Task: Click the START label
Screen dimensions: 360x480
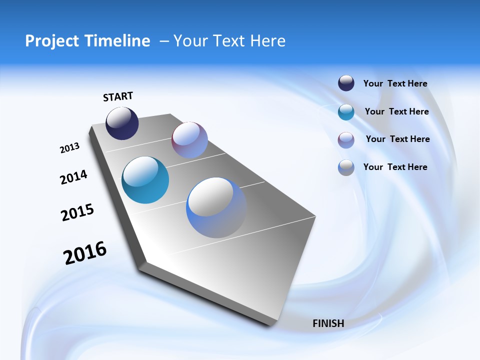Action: pyautogui.click(x=118, y=96)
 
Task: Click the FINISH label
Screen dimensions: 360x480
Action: pyautogui.click(x=328, y=323)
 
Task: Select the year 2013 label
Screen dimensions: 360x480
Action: pyautogui.click(x=69, y=148)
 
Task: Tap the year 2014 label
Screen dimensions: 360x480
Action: pyautogui.click(x=73, y=177)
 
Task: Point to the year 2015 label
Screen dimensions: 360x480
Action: pyautogui.click(x=77, y=212)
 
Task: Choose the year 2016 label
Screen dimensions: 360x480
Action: pyautogui.click(x=85, y=253)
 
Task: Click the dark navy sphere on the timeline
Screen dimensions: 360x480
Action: pyautogui.click(x=122, y=123)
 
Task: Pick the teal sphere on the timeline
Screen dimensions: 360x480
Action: pyautogui.click(x=145, y=180)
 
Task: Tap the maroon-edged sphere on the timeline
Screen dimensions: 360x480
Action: pyautogui.click(x=189, y=140)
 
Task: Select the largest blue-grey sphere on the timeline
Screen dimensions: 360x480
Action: pyautogui.click(x=216, y=207)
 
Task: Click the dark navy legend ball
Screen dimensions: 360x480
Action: pyautogui.click(x=346, y=83)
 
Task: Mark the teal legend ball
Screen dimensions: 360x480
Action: pyautogui.click(x=346, y=112)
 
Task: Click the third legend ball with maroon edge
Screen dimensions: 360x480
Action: pyautogui.click(x=346, y=140)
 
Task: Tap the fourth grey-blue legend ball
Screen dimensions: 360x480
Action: pyautogui.click(x=346, y=167)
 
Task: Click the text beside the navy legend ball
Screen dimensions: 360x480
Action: pyautogui.click(x=395, y=83)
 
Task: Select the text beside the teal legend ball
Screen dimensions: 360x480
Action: pyautogui.click(x=396, y=111)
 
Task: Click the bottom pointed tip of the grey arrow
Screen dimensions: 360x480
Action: pyautogui.click(x=270, y=325)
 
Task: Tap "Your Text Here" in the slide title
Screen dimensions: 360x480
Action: pyautogui.click(x=229, y=41)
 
